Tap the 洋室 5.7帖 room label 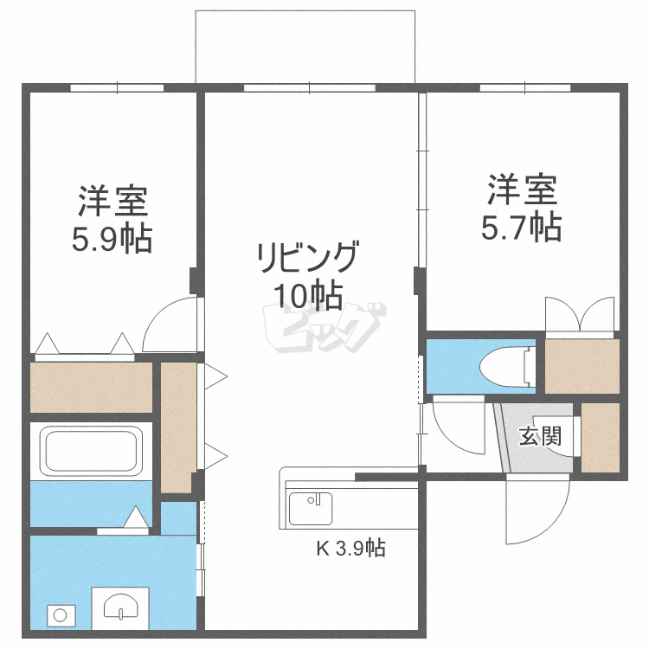pyautogui.click(x=522, y=207)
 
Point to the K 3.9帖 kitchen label pyautogui.click(x=350, y=548)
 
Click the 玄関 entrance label pyautogui.click(x=539, y=435)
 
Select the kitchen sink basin pyautogui.click(x=310, y=508)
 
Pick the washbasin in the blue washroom pyautogui.click(x=119, y=606)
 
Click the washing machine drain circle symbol pyautogui.click(x=61, y=615)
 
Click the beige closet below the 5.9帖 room pyautogui.click(x=91, y=388)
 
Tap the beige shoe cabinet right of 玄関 pyautogui.click(x=601, y=437)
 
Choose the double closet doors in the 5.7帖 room pyautogui.click(x=580, y=316)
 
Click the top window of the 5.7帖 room pyautogui.click(x=525, y=87)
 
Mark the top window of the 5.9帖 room pyautogui.click(x=117, y=87)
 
